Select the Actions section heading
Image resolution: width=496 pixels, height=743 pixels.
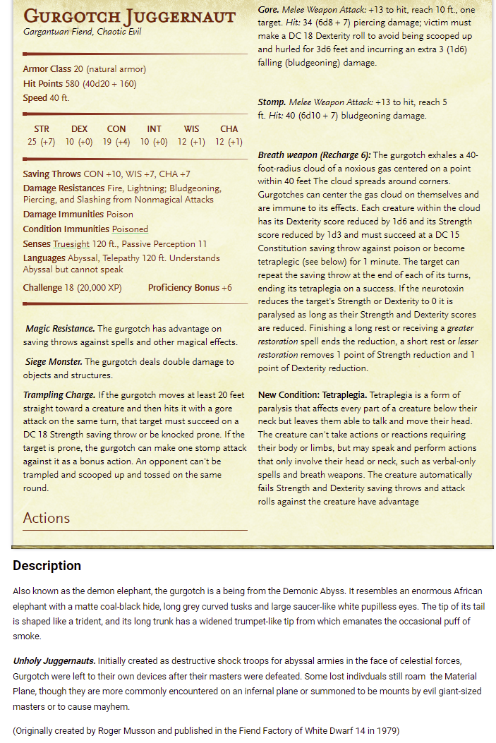pos(47,518)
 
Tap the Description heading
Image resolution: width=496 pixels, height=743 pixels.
pos(47,565)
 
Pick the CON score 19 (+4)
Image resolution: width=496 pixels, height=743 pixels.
pos(116,142)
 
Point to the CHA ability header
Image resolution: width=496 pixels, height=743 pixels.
pos(229,128)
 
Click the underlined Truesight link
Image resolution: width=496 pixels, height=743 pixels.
pos(71,243)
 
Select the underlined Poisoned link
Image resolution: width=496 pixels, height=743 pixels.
pos(129,229)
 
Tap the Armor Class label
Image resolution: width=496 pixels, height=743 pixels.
pos(47,69)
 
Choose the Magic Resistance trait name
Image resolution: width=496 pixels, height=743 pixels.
pos(60,329)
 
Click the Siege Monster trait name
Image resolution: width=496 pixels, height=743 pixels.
pos(54,362)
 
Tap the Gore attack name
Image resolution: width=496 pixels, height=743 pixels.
pos(267,10)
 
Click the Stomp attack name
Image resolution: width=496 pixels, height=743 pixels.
pos(272,102)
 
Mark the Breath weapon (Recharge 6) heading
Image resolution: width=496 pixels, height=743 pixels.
pos(314,155)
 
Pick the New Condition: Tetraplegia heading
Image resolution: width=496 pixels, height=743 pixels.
pos(312,394)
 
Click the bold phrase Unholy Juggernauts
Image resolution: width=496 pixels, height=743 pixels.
pos(54,660)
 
